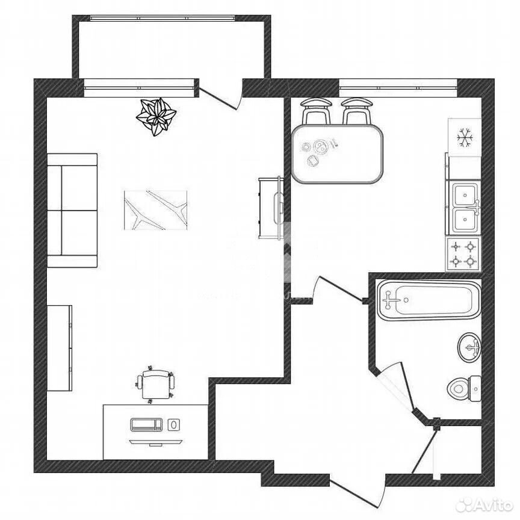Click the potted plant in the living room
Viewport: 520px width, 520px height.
(156, 116)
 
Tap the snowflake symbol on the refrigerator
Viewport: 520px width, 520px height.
(464, 138)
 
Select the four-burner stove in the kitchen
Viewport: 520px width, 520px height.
(463, 255)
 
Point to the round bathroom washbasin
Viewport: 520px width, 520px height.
(469, 347)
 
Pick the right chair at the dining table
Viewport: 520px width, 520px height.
(357, 111)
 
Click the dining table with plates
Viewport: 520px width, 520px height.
(338, 154)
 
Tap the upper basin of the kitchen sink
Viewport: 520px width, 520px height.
(465, 195)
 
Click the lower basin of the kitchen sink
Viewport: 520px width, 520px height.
(465, 220)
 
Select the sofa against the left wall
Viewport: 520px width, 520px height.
(72, 210)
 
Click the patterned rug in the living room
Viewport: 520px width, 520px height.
(155, 210)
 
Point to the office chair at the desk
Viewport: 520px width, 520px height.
(155, 385)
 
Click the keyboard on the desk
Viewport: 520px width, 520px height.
(146, 424)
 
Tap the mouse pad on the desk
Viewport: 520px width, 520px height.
(174, 424)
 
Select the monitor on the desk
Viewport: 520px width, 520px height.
(156, 443)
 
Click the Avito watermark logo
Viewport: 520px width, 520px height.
(484, 506)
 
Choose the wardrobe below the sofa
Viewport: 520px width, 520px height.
(60, 348)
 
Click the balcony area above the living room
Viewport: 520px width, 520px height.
(172, 49)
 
